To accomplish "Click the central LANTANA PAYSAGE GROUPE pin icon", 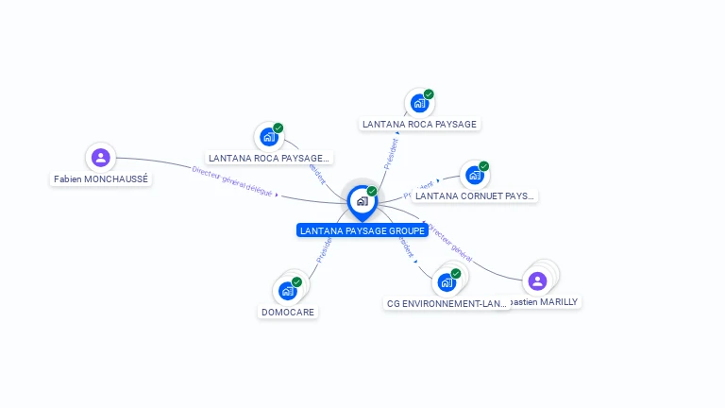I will (362, 201).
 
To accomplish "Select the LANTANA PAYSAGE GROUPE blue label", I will (362, 230).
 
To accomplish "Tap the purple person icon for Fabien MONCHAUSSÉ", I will (100, 157).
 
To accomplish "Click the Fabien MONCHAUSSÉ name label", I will (101, 178).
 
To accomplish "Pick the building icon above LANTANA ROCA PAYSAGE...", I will (269, 137).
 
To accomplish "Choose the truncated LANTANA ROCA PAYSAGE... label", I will (269, 158).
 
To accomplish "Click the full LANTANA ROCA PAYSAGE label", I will (419, 124).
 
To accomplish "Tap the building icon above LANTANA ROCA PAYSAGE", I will (419, 103).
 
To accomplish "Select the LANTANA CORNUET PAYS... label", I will (475, 196).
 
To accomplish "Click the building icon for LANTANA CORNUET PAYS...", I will (475, 175).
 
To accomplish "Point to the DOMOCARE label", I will (288, 312).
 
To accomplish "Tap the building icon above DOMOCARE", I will (287, 291).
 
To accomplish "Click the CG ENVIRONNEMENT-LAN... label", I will (447, 304).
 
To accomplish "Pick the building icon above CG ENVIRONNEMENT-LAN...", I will (447, 282).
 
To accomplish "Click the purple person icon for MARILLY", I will (537, 280).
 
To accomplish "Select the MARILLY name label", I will (544, 302).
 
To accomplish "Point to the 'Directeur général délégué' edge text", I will (232, 182).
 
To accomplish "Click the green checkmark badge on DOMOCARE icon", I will (296, 282).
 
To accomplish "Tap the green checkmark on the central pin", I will (372, 192).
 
